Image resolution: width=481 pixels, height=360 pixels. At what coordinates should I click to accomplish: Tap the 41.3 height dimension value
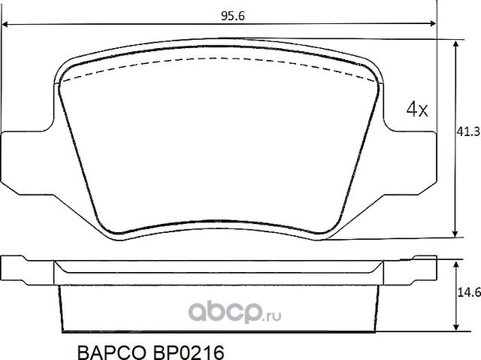click(468, 132)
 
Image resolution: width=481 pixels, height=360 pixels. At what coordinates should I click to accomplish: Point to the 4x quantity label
click(416, 110)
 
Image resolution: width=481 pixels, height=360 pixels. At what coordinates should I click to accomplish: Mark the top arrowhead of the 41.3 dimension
click(455, 43)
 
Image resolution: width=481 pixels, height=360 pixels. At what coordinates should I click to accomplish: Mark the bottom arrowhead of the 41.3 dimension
click(455, 234)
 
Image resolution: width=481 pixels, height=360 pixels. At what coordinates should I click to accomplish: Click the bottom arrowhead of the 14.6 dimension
click(455, 328)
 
